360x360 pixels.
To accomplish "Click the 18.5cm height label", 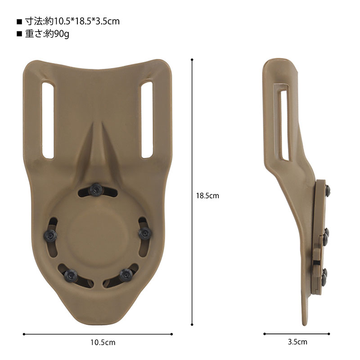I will pyautogui.click(x=207, y=196).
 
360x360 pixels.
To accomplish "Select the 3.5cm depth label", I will pyautogui.click(x=297, y=342).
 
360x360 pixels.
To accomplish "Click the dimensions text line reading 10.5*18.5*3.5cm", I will pyautogui.click(x=72, y=21).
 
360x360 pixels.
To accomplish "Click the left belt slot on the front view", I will pyautogui.click(x=47, y=120).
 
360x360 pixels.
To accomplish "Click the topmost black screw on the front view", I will pyautogui.click(x=95, y=189).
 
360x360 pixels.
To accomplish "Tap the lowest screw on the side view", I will pyautogui.click(x=325, y=271).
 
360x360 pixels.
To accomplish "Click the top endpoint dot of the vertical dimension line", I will pyautogui.click(x=193, y=59).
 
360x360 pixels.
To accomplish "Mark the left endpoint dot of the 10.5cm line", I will pyautogui.click(x=23, y=334).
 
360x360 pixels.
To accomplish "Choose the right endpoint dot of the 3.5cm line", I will pyautogui.click(x=330, y=334).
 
